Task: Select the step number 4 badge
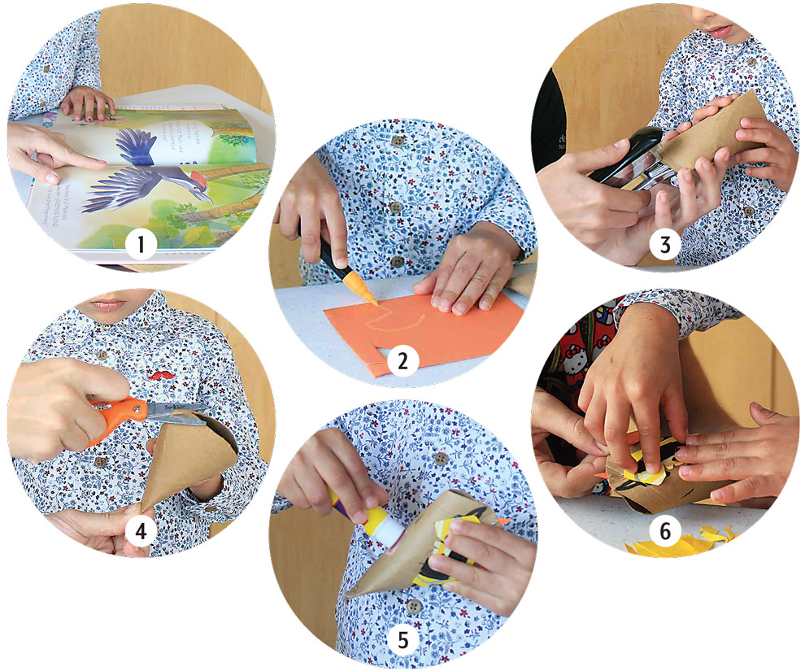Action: point(141,531)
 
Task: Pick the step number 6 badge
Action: point(665,530)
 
